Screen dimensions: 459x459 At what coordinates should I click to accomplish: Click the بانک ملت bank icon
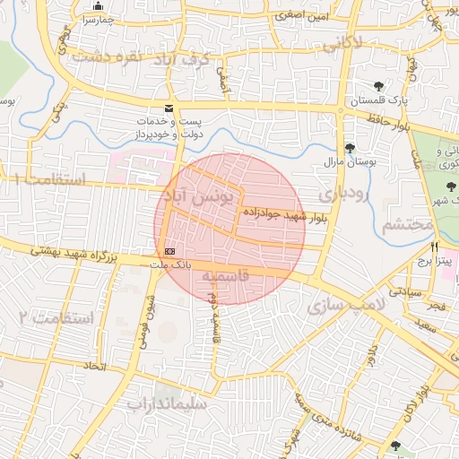pos(169,250)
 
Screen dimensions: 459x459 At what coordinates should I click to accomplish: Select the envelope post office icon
pos(169,108)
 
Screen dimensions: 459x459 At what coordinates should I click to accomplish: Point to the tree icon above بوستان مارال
pos(350,148)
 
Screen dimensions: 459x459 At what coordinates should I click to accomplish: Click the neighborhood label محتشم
pos(408,225)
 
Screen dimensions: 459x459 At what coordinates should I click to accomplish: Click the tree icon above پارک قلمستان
pos(381,87)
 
